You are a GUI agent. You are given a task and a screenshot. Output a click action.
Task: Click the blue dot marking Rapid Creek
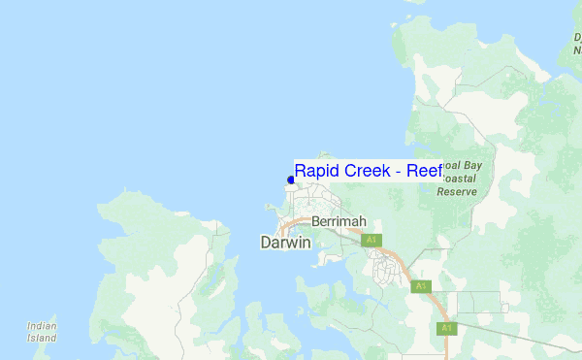tap(291, 180)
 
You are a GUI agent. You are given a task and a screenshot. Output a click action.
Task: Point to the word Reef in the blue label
tap(425, 171)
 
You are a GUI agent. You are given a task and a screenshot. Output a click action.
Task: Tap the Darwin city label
tap(286, 243)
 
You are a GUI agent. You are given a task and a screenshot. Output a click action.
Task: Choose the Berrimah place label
tap(338, 221)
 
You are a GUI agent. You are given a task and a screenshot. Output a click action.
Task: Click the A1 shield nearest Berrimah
tap(371, 240)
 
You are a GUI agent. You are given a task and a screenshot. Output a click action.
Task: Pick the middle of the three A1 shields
tap(420, 286)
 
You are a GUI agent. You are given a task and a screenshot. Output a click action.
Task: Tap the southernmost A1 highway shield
tap(446, 329)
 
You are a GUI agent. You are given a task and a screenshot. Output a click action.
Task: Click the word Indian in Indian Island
tap(42, 327)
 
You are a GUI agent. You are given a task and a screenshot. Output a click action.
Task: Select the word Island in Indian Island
tap(42, 339)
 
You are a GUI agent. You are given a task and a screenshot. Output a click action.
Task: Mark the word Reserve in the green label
tap(457, 191)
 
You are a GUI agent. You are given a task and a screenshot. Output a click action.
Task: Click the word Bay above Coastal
tap(471, 166)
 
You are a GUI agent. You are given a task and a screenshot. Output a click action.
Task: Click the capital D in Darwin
tap(267, 243)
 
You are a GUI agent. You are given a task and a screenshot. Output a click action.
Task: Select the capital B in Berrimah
tap(316, 221)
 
